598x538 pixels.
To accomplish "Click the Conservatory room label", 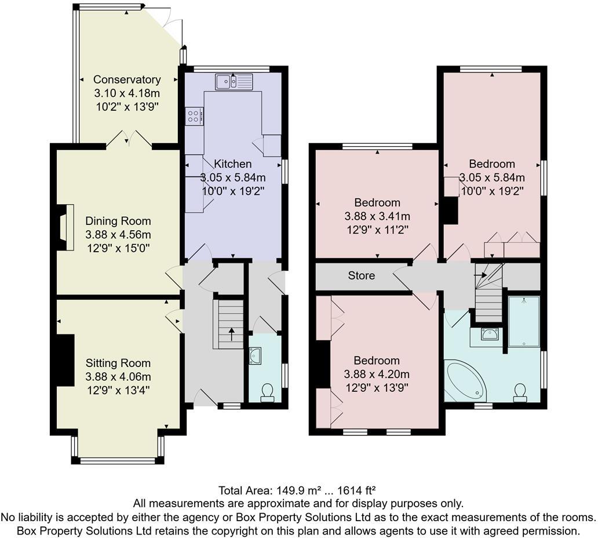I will coord(127,79).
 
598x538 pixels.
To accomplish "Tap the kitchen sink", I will coord(234,82).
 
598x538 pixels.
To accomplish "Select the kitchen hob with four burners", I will coord(194,116).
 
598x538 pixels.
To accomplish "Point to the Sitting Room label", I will coord(118,363).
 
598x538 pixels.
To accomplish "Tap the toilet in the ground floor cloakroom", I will coord(267,393).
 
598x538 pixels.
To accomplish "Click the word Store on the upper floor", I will coord(361,275).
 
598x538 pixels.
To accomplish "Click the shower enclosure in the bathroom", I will coord(524,321).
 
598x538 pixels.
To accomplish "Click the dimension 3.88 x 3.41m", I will coord(377,216).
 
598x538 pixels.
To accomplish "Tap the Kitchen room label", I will coord(233,164).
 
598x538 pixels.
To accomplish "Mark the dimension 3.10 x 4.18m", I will coord(127,93).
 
